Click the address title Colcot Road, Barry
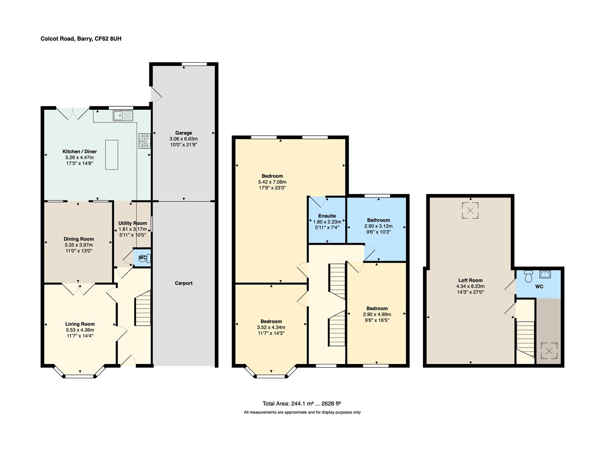point(81,39)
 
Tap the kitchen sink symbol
point(123,115)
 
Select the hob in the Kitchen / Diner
point(145,141)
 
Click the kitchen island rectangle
point(111,154)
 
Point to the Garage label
point(183,133)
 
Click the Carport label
point(183,283)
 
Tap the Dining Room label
point(79,239)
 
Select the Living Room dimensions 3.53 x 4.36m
point(80,330)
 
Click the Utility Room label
point(132,223)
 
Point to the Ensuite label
point(327,216)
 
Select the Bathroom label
point(378,220)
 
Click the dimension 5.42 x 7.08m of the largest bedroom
point(272,182)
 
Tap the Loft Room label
point(470,280)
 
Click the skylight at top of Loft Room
point(470,210)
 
